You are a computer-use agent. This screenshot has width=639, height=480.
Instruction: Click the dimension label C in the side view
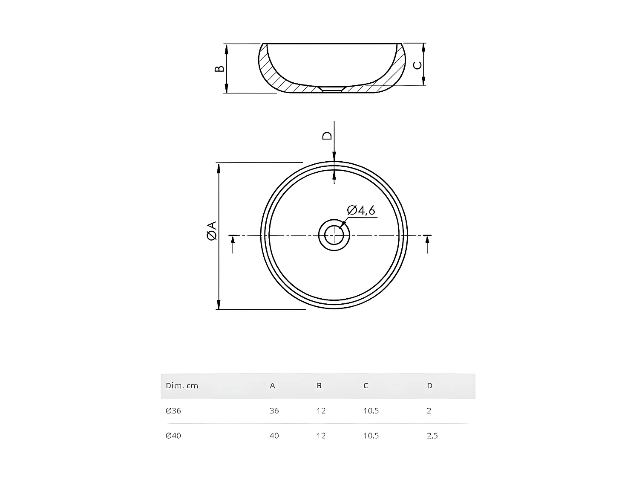click(417, 65)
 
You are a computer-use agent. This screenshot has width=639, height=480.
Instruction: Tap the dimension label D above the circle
click(327, 136)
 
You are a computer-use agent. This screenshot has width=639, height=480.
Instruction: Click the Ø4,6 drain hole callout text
click(361, 210)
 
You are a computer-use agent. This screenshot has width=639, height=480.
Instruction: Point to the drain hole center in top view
click(334, 235)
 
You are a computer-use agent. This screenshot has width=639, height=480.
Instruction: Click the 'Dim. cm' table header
click(182, 386)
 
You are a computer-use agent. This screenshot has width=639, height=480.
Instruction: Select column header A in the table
click(273, 386)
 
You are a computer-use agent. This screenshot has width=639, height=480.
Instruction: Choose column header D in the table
click(429, 386)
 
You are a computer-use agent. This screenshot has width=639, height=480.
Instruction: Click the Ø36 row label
click(173, 411)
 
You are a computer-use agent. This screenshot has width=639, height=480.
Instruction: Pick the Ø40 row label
click(173, 436)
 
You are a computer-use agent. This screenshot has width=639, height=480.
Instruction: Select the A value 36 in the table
click(274, 411)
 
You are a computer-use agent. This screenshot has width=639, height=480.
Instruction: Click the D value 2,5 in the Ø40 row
click(432, 436)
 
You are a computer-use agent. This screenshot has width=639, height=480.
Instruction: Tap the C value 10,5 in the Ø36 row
click(371, 411)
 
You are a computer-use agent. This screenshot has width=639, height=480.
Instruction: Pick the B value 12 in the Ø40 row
click(321, 436)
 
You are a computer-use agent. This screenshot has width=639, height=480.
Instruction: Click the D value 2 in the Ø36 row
click(429, 411)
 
